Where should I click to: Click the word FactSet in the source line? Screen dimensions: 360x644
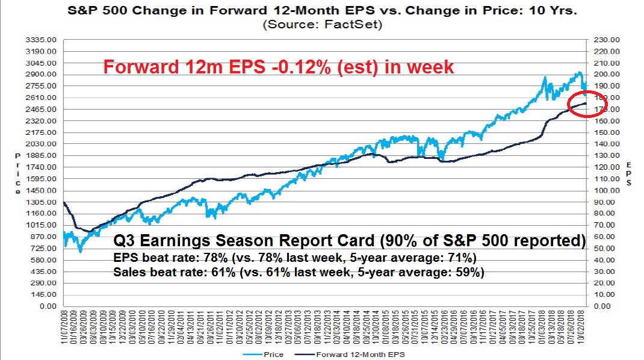(362, 25)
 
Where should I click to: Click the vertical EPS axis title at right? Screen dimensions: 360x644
(629, 173)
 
